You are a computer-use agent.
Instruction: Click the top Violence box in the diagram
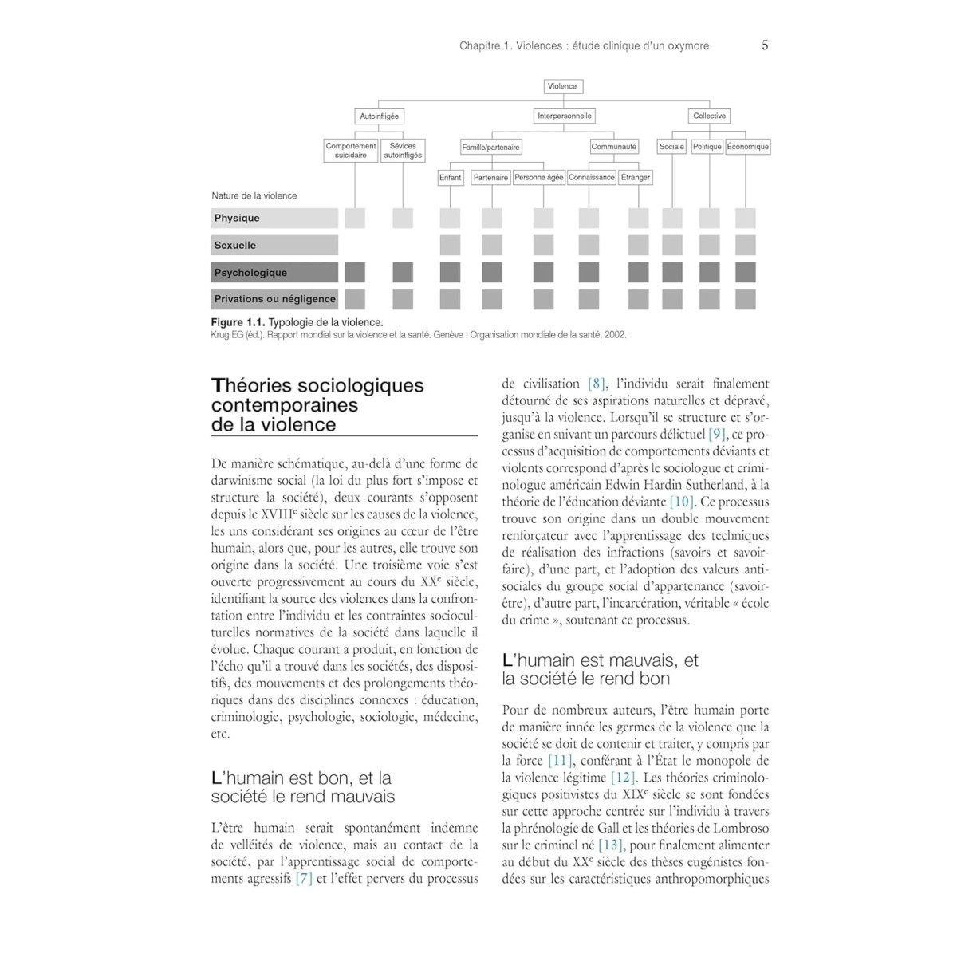click(563, 86)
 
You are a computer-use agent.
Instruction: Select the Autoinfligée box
click(379, 116)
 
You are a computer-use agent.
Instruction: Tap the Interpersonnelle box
click(565, 116)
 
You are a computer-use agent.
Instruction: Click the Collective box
click(709, 116)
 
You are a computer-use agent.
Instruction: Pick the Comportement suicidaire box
click(351, 151)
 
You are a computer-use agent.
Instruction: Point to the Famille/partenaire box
click(490, 147)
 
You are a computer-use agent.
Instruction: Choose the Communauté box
click(614, 147)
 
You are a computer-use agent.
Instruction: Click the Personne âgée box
click(538, 178)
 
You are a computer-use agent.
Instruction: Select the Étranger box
click(635, 178)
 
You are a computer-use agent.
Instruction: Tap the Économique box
click(748, 147)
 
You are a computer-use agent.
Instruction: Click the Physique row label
click(237, 219)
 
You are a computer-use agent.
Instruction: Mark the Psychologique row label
click(250, 273)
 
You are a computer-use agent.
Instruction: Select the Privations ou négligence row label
click(274, 300)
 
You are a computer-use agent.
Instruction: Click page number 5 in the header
click(765, 45)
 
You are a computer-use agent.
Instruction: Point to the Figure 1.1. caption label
click(238, 322)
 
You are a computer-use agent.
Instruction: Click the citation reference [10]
click(682, 502)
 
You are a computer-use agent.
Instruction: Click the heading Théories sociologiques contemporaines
click(317, 395)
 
